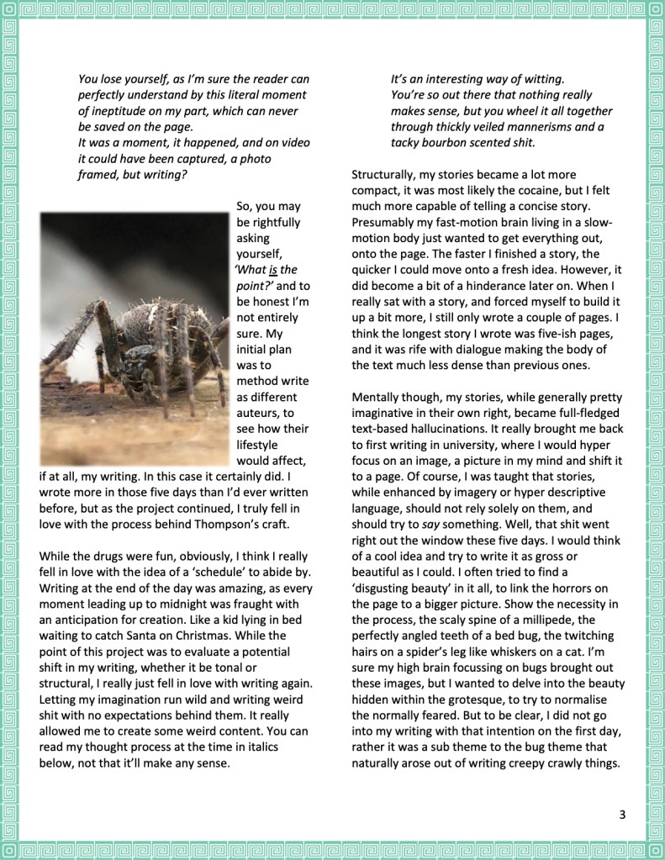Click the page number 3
click(622, 814)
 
